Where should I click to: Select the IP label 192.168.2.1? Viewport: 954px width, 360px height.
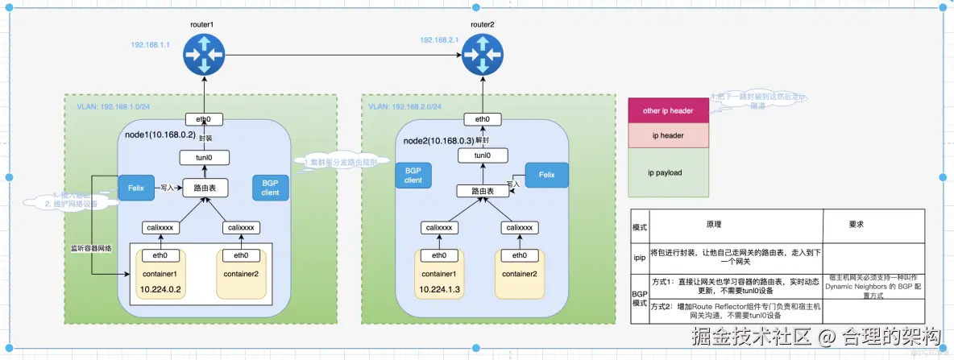pos(438,39)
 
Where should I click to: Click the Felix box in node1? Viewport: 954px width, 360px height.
pos(135,187)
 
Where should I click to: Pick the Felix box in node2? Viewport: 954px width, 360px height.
pos(546,175)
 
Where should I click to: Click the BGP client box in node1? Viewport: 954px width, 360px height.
pos(270,188)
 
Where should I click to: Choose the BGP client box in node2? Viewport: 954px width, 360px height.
pos(413,175)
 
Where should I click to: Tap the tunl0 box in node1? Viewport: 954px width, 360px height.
pos(203,158)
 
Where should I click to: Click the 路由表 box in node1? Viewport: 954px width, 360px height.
pos(203,188)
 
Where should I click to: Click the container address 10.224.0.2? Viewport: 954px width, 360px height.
pos(161,288)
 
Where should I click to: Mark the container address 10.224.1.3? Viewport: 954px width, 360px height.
pos(440,288)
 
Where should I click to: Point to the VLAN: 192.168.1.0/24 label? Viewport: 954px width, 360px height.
pos(114,106)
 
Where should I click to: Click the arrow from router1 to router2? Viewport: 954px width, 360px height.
pos(338,56)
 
